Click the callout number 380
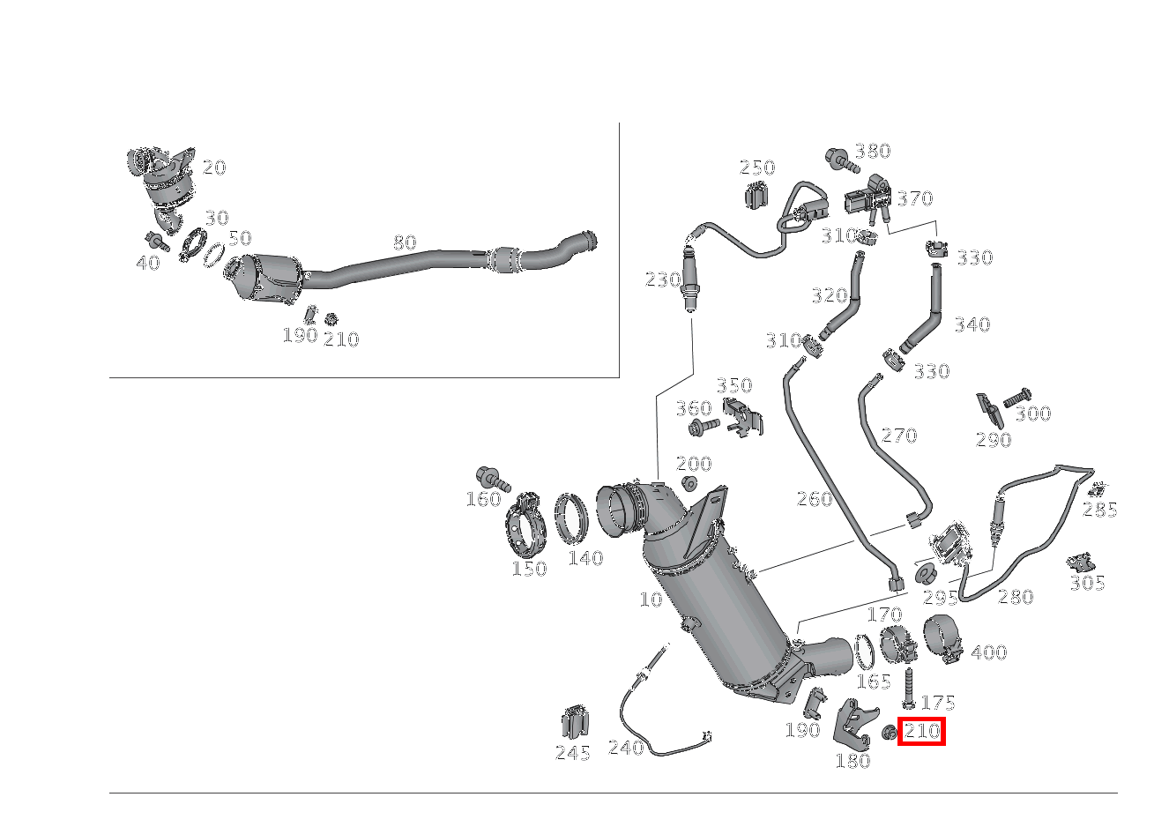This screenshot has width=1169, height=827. pyautogui.click(x=872, y=151)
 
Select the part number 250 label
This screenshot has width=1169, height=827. pyautogui.click(x=756, y=168)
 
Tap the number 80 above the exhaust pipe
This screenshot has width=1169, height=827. pyautogui.click(x=405, y=242)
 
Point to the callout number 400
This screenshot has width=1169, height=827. pyautogui.click(x=988, y=652)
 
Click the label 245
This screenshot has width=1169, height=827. pyautogui.click(x=572, y=752)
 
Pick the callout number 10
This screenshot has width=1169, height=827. pyautogui.click(x=651, y=600)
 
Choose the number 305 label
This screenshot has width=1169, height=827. pyautogui.click(x=1087, y=583)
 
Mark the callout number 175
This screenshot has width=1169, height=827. pyautogui.click(x=937, y=703)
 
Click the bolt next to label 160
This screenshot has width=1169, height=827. pyautogui.click(x=493, y=480)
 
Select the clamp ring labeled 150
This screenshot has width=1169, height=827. pyautogui.click(x=528, y=525)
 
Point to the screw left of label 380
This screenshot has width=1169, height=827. pyautogui.click(x=840, y=160)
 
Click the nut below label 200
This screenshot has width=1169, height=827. pyautogui.click(x=689, y=483)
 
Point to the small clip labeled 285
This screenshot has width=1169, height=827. pyautogui.click(x=1098, y=489)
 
